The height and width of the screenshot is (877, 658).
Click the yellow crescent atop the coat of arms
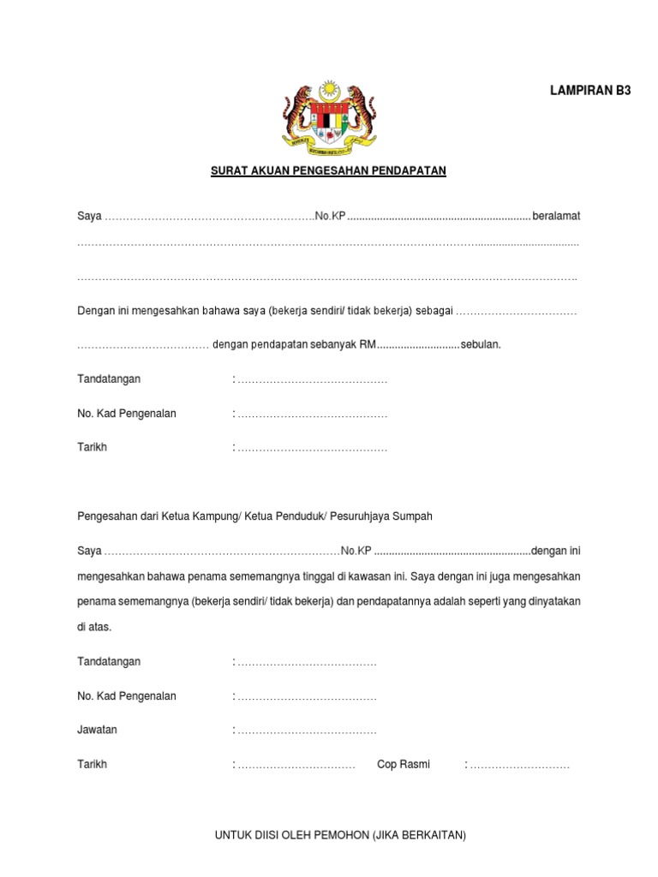coord(329,88)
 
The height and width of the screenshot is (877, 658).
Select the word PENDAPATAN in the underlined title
coord(408,170)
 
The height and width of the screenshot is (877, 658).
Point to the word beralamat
coord(556,216)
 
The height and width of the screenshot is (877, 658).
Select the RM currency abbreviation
coord(368,344)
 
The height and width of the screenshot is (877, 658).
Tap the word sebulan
coord(481,344)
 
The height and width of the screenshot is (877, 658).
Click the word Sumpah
coord(413,516)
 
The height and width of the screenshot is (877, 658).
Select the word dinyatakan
coord(549,601)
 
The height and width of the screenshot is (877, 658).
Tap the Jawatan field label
coord(98,730)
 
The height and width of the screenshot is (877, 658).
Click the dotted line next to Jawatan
coord(306,731)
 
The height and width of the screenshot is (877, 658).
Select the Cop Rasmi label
coord(404,764)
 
